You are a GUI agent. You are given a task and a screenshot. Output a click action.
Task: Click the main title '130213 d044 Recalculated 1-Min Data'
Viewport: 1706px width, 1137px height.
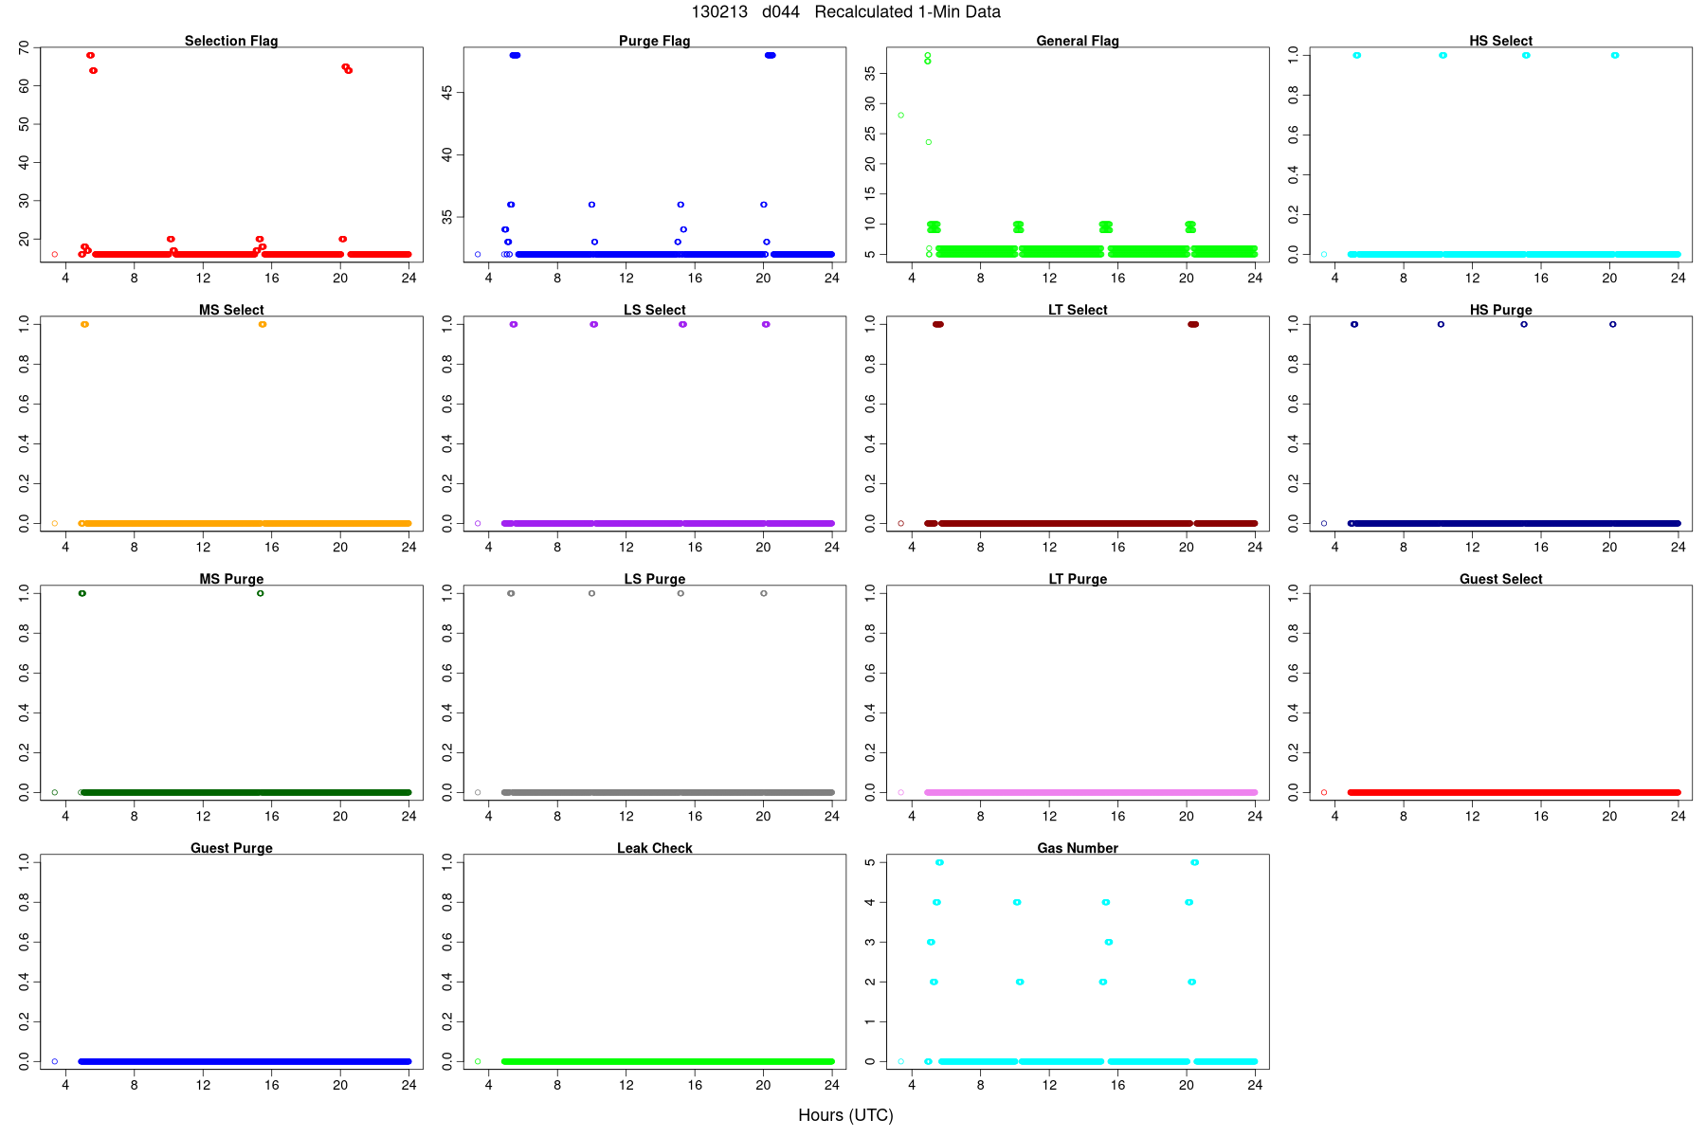[x=845, y=12]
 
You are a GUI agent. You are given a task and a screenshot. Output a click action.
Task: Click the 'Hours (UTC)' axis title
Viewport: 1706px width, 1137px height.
[x=845, y=1115]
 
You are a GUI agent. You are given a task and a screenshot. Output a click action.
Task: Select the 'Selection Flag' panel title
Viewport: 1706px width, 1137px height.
[x=231, y=41]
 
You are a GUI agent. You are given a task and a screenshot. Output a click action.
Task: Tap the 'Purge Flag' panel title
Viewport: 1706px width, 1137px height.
[x=654, y=41]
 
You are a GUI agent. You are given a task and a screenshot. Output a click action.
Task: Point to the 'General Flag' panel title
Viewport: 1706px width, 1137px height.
[x=1078, y=41]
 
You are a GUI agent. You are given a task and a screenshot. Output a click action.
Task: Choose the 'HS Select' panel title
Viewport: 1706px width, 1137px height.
[x=1500, y=41]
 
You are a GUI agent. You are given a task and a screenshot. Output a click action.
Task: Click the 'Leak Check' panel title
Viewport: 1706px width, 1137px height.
[x=654, y=848]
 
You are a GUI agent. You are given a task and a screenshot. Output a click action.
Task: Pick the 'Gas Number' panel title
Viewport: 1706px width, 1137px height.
[x=1078, y=848]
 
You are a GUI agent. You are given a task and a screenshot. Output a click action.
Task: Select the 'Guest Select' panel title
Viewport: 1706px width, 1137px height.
[x=1500, y=579]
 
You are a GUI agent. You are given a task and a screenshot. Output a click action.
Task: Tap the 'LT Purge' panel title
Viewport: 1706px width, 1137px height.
[x=1078, y=579]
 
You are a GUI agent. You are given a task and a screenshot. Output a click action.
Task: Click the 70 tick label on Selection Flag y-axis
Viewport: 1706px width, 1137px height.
[x=24, y=47]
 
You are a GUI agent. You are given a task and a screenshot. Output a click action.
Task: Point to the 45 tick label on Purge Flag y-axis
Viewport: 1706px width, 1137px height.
[x=446, y=92]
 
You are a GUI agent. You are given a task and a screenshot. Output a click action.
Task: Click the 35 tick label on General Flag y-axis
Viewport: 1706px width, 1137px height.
[x=870, y=74]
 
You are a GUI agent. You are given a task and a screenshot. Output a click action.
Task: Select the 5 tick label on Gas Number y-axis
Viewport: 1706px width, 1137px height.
[x=870, y=862]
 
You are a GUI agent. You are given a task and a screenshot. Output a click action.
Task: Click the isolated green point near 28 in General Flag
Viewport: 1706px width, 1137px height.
[x=900, y=116]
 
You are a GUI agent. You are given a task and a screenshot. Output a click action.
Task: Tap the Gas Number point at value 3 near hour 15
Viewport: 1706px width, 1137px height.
[x=1109, y=942]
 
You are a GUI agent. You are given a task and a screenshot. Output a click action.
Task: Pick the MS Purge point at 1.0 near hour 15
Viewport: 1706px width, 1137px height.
[x=261, y=593]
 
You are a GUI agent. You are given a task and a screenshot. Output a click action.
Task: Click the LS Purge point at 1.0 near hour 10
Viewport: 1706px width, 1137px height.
[x=591, y=593]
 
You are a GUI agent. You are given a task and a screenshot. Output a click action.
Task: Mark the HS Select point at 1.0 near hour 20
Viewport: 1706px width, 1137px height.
[x=1615, y=55]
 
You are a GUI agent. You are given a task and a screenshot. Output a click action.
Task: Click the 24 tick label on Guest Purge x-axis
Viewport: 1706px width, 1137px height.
[x=408, y=1085]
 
